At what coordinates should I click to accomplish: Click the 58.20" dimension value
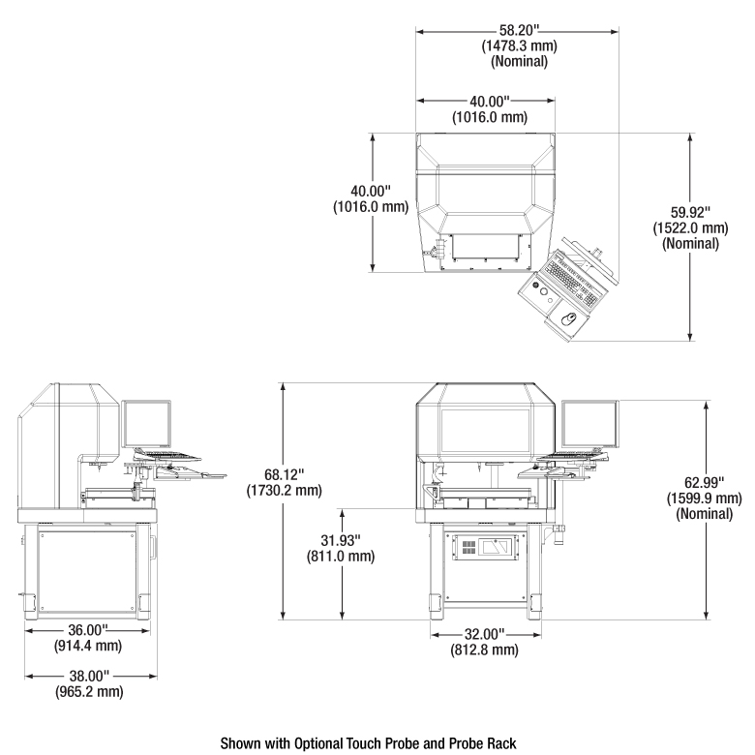coord(517,30)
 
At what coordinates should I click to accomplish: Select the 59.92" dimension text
coord(690,212)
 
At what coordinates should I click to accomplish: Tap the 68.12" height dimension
coord(284,474)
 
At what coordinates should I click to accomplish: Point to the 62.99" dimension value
coord(704,482)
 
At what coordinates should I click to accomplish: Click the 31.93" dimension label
coord(341,540)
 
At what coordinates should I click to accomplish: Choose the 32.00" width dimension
coord(484,634)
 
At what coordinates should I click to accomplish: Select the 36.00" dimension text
coord(88,629)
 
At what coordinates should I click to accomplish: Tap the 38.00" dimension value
coord(89,676)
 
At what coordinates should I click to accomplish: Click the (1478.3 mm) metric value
coord(519,45)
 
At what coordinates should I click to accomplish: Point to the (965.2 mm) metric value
coord(89,691)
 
